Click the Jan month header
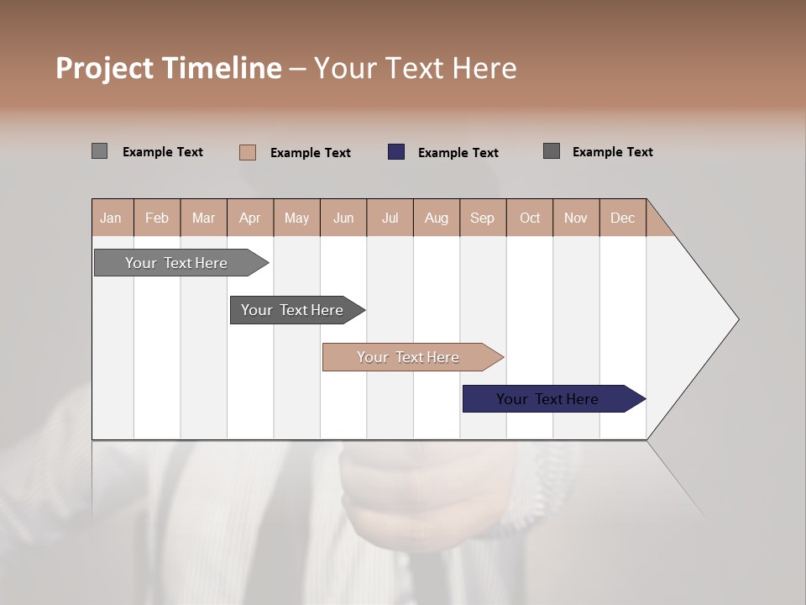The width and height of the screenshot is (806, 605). click(x=111, y=218)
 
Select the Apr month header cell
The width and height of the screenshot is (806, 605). click(x=249, y=218)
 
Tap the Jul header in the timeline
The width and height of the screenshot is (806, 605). click(x=390, y=218)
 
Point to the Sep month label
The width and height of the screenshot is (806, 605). click(x=482, y=218)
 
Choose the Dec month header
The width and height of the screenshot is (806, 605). click(x=622, y=218)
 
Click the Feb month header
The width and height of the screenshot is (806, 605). click(x=157, y=218)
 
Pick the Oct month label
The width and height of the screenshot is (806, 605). click(x=530, y=218)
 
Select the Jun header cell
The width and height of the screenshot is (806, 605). click(x=343, y=218)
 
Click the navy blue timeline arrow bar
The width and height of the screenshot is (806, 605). click(x=547, y=399)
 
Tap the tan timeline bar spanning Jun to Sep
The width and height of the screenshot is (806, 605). click(x=408, y=357)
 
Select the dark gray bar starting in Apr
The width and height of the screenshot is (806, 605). click(x=292, y=310)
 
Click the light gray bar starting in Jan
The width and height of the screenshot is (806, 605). click(x=176, y=263)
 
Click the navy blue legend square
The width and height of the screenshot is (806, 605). click(x=396, y=152)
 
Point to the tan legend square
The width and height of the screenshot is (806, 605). click(x=248, y=152)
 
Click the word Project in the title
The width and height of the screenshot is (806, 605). click(x=106, y=68)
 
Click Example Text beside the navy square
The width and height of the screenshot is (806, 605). click(x=458, y=153)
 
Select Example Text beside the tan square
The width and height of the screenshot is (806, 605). click(x=310, y=153)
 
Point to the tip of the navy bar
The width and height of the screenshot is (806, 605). click(x=642, y=399)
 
